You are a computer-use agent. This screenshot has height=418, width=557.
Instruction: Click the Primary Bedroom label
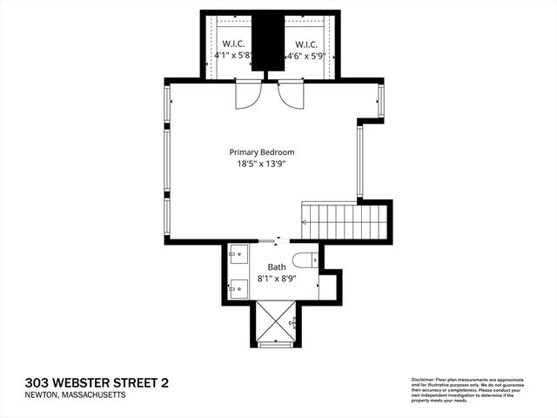point(262,151)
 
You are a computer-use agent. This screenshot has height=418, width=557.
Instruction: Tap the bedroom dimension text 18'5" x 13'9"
point(262,162)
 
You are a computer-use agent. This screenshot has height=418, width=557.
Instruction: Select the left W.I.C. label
point(232,44)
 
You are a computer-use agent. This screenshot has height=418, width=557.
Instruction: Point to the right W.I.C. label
point(305,44)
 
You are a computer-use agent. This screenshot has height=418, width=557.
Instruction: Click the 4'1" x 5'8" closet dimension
point(233,55)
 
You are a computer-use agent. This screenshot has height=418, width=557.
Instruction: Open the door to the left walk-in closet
point(247,94)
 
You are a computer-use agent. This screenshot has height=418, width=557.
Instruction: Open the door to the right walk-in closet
point(291,94)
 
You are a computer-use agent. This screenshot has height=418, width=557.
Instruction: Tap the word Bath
point(276,267)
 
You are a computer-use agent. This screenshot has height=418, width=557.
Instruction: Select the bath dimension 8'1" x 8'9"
point(276,279)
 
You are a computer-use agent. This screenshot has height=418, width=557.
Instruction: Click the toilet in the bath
point(305,259)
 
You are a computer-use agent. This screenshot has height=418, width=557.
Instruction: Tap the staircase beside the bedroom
point(342,221)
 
